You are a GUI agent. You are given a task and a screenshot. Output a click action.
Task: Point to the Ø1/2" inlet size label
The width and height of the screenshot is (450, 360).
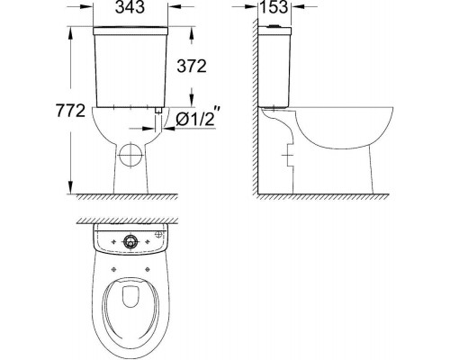(x=197, y=118)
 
